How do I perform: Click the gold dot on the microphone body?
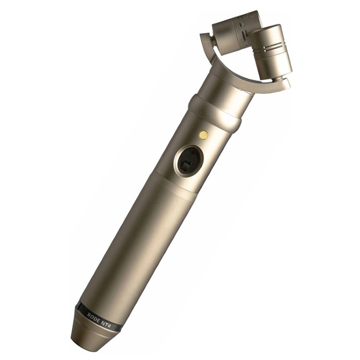(x=204, y=135)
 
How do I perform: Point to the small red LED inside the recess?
(x=193, y=152)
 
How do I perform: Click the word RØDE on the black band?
(x=94, y=315)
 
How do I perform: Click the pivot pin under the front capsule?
(x=276, y=79)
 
